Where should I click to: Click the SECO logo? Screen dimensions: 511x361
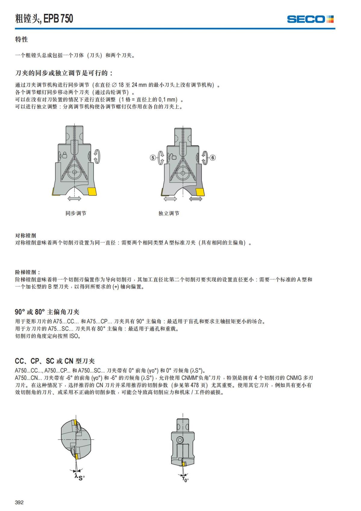tap(310, 19)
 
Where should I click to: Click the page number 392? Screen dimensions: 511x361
tap(19, 502)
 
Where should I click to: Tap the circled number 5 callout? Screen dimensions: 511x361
tap(153, 157)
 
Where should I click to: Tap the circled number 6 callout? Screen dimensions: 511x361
tap(213, 157)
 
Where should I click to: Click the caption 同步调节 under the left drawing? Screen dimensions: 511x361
tap(76, 213)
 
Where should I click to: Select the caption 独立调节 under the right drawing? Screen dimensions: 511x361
tap(169, 213)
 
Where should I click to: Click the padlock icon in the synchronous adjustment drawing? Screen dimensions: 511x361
tap(64, 155)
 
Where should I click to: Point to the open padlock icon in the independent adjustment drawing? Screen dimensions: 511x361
tap(173, 157)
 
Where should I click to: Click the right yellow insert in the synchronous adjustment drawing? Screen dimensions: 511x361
tap(92, 191)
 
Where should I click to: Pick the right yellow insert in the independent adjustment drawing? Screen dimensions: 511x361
tap(199, 192)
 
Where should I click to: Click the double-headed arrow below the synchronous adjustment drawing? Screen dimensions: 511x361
tap(74, 198)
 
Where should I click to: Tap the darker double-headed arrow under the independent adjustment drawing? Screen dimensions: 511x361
tap(196, 199)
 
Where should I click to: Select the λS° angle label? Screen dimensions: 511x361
tap(80, 477)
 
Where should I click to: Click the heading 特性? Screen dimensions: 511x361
tap(21, 39)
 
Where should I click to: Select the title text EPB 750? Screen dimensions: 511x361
tap(58, 19)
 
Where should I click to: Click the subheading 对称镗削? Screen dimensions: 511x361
tap(26, 235)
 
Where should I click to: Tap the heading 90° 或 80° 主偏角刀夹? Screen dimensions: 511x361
tap(47, 312)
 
